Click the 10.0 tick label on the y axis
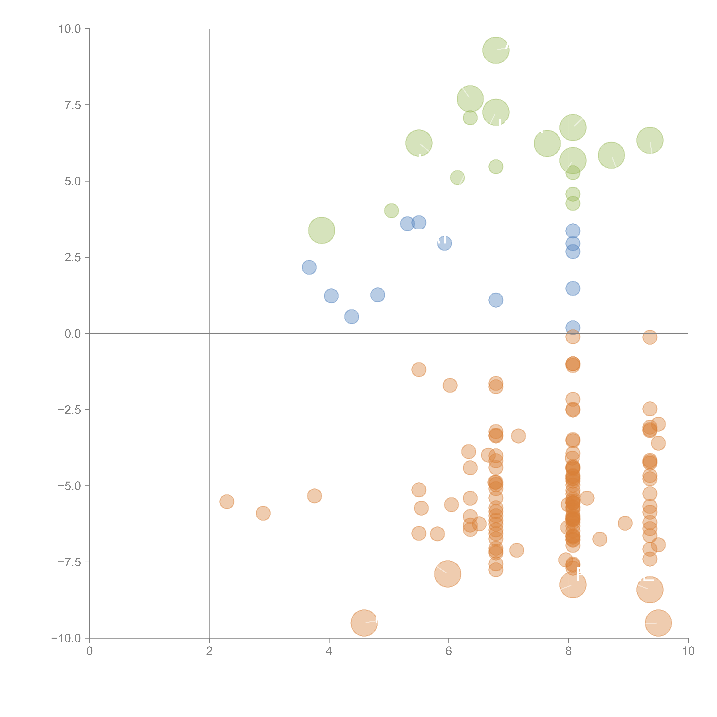[x=70, y=29]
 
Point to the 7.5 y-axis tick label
[x=73, y=105]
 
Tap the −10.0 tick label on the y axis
[x=66, y=638]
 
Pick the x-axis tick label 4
[x=329, y=651]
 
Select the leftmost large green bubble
[x=321, y=230]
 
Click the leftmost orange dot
[x=227, y=502]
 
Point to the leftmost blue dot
[x=309, y=267]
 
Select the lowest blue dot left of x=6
[x=351, y=317]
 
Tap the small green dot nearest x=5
[x=391, y=211]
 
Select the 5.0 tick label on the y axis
[x=73, y=181]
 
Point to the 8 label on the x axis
[x=568, y=651]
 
